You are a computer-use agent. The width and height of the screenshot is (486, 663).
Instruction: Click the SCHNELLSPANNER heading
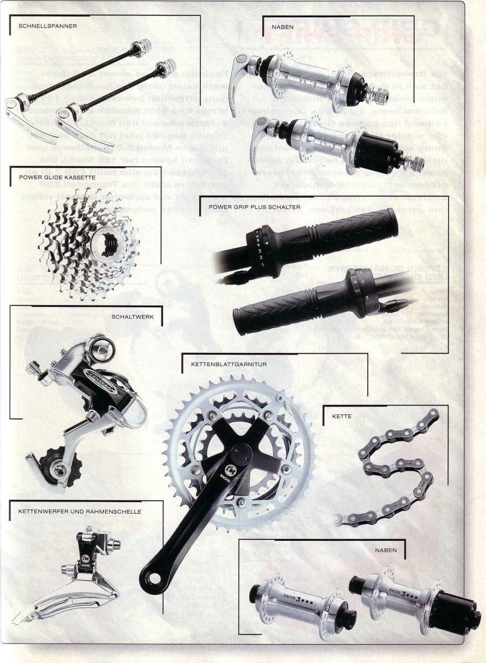(47, 25)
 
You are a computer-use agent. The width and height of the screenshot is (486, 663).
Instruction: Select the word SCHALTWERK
(136, 317)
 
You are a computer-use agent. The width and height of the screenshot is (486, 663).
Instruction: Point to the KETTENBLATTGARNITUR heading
(221, 365)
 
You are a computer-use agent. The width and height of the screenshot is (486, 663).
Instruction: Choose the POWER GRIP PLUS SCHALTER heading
(254, 207)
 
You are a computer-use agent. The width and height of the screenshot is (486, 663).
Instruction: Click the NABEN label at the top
(282, 25)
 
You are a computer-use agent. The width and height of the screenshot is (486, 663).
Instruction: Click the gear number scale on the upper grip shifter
(260, 249)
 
